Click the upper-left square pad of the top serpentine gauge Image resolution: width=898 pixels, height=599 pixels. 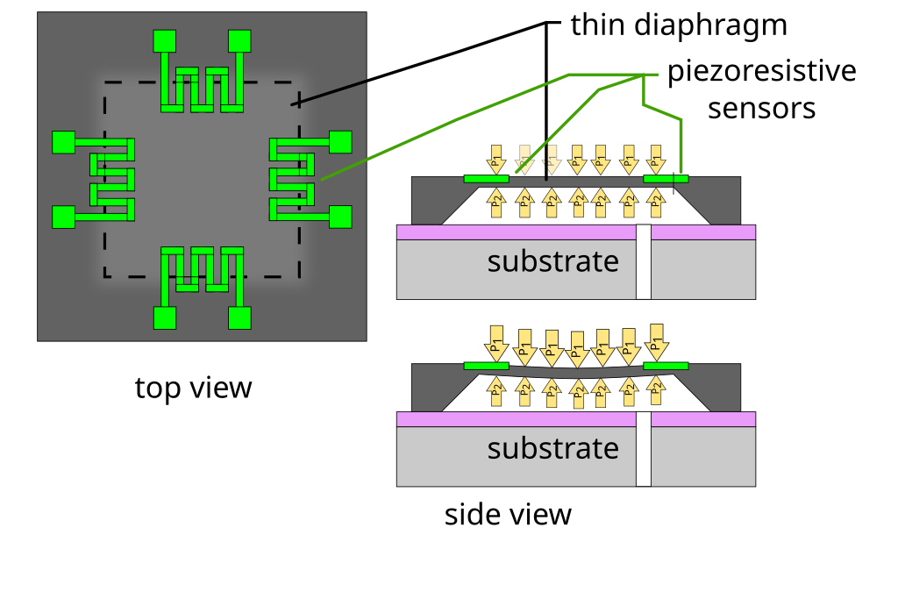click(165, 41)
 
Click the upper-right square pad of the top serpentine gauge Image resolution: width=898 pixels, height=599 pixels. click(239, 41)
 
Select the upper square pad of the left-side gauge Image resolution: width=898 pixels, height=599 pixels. click(63, 142)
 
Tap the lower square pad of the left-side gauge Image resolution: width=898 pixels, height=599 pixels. click(63, 217)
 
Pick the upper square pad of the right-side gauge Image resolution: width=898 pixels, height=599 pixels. click(340, 142)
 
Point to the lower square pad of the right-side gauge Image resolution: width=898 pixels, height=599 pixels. click(340, 217)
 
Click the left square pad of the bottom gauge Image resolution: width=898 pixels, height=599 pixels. click(165, 317)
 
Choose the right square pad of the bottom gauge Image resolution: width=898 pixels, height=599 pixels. click(239, 317)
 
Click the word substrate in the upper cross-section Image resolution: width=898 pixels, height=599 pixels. click(552, 261)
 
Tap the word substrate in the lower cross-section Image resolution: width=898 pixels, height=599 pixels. click(552, 448)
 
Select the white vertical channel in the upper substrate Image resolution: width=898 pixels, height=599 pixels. click(644, 262)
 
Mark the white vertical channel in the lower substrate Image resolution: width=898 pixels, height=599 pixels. click(644, 449)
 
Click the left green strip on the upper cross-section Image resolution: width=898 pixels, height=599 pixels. click(486, 179)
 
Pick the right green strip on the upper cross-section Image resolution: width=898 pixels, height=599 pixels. click(666, 179)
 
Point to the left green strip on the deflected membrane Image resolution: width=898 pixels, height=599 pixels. click(486, 366)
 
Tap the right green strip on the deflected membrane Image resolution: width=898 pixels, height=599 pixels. click(666, 366)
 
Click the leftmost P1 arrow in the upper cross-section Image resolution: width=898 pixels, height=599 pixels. click(495, 160)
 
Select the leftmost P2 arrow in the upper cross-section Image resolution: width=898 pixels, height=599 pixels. click(495, 203)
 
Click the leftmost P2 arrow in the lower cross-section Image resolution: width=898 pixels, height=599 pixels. click(495, 390)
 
